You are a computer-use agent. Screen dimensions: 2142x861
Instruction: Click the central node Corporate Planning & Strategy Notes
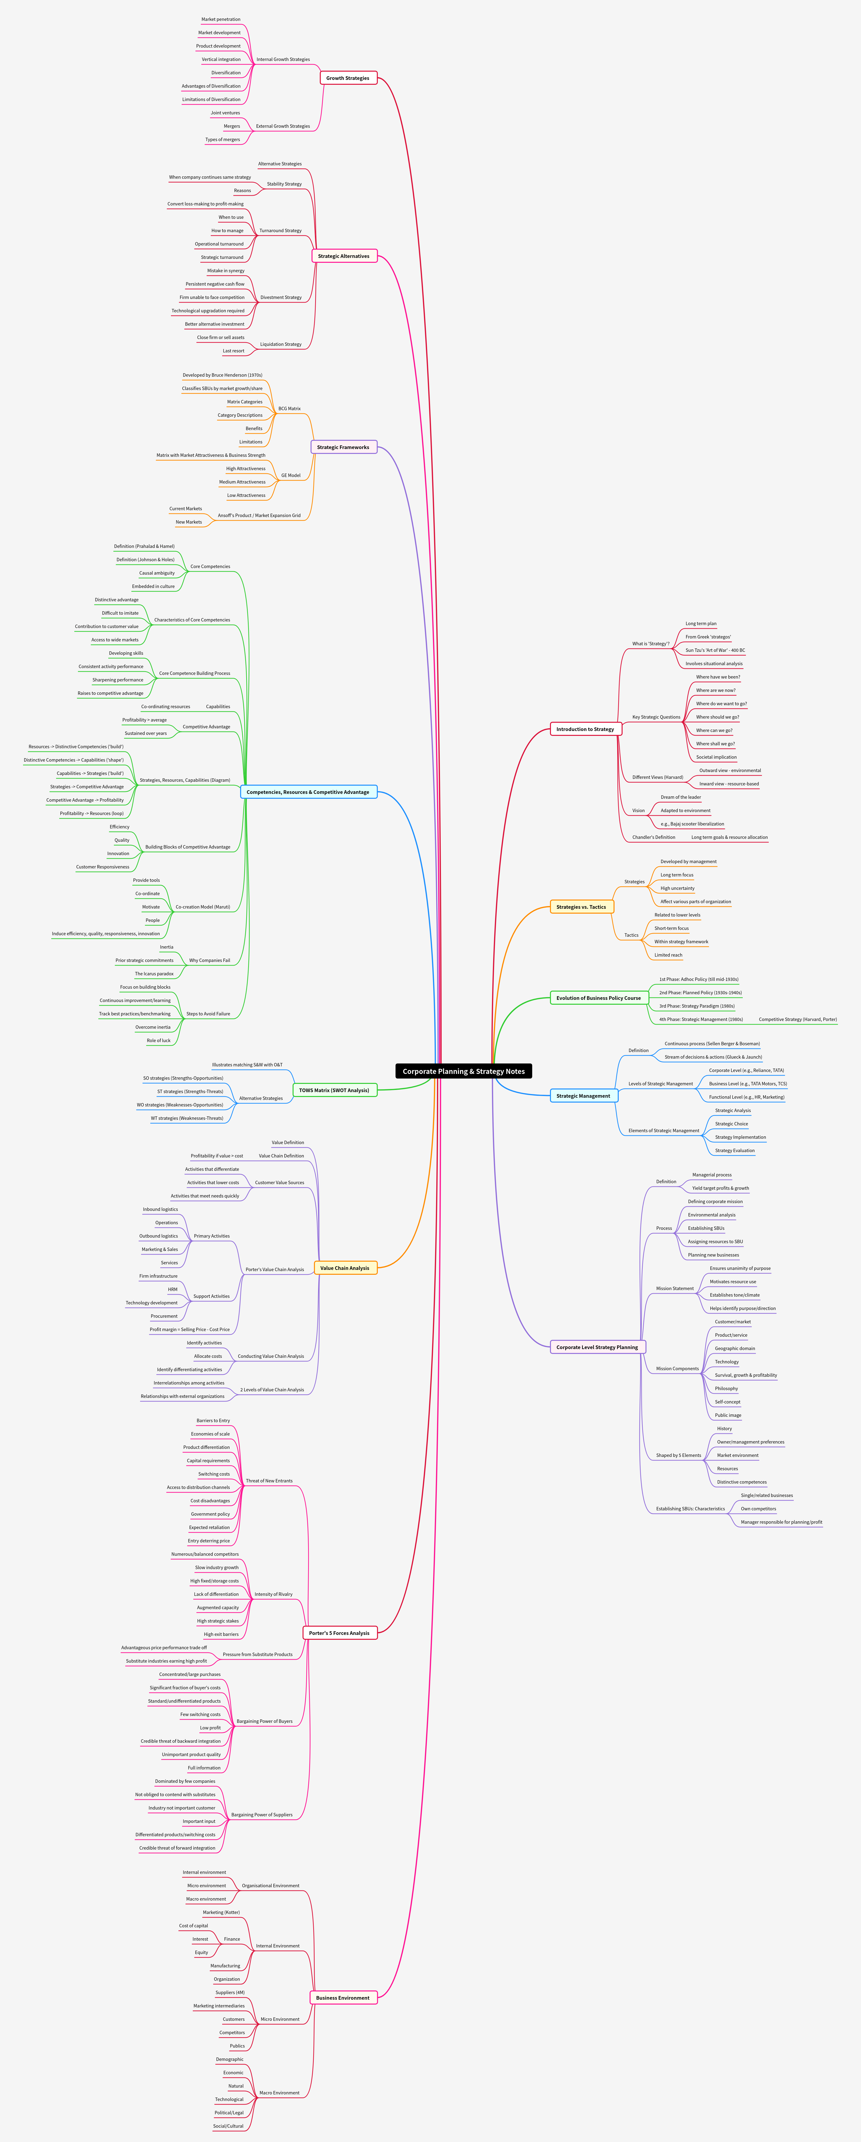point(463,1071)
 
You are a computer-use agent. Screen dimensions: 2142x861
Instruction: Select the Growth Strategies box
point(347,78)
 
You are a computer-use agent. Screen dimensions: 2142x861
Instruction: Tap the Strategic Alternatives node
point(343,256)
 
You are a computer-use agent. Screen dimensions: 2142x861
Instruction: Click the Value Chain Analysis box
point(344,1268)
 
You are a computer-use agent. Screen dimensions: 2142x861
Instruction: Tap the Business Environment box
point(342,1997)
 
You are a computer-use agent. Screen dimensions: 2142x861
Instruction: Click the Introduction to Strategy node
point(585,729)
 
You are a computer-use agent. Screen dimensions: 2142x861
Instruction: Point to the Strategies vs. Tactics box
point(581,907)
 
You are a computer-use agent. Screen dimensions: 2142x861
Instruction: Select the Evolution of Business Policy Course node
point(598,998)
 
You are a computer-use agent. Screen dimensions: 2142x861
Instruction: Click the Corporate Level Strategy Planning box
point(597,1347)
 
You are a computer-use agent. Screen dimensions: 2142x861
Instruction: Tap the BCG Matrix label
point(289,408)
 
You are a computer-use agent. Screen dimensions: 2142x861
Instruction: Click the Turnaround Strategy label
point(280,230)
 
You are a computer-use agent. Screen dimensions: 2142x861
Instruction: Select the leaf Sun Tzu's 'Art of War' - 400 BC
point(715,650)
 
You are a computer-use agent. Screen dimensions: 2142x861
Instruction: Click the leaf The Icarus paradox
point(155,974)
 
